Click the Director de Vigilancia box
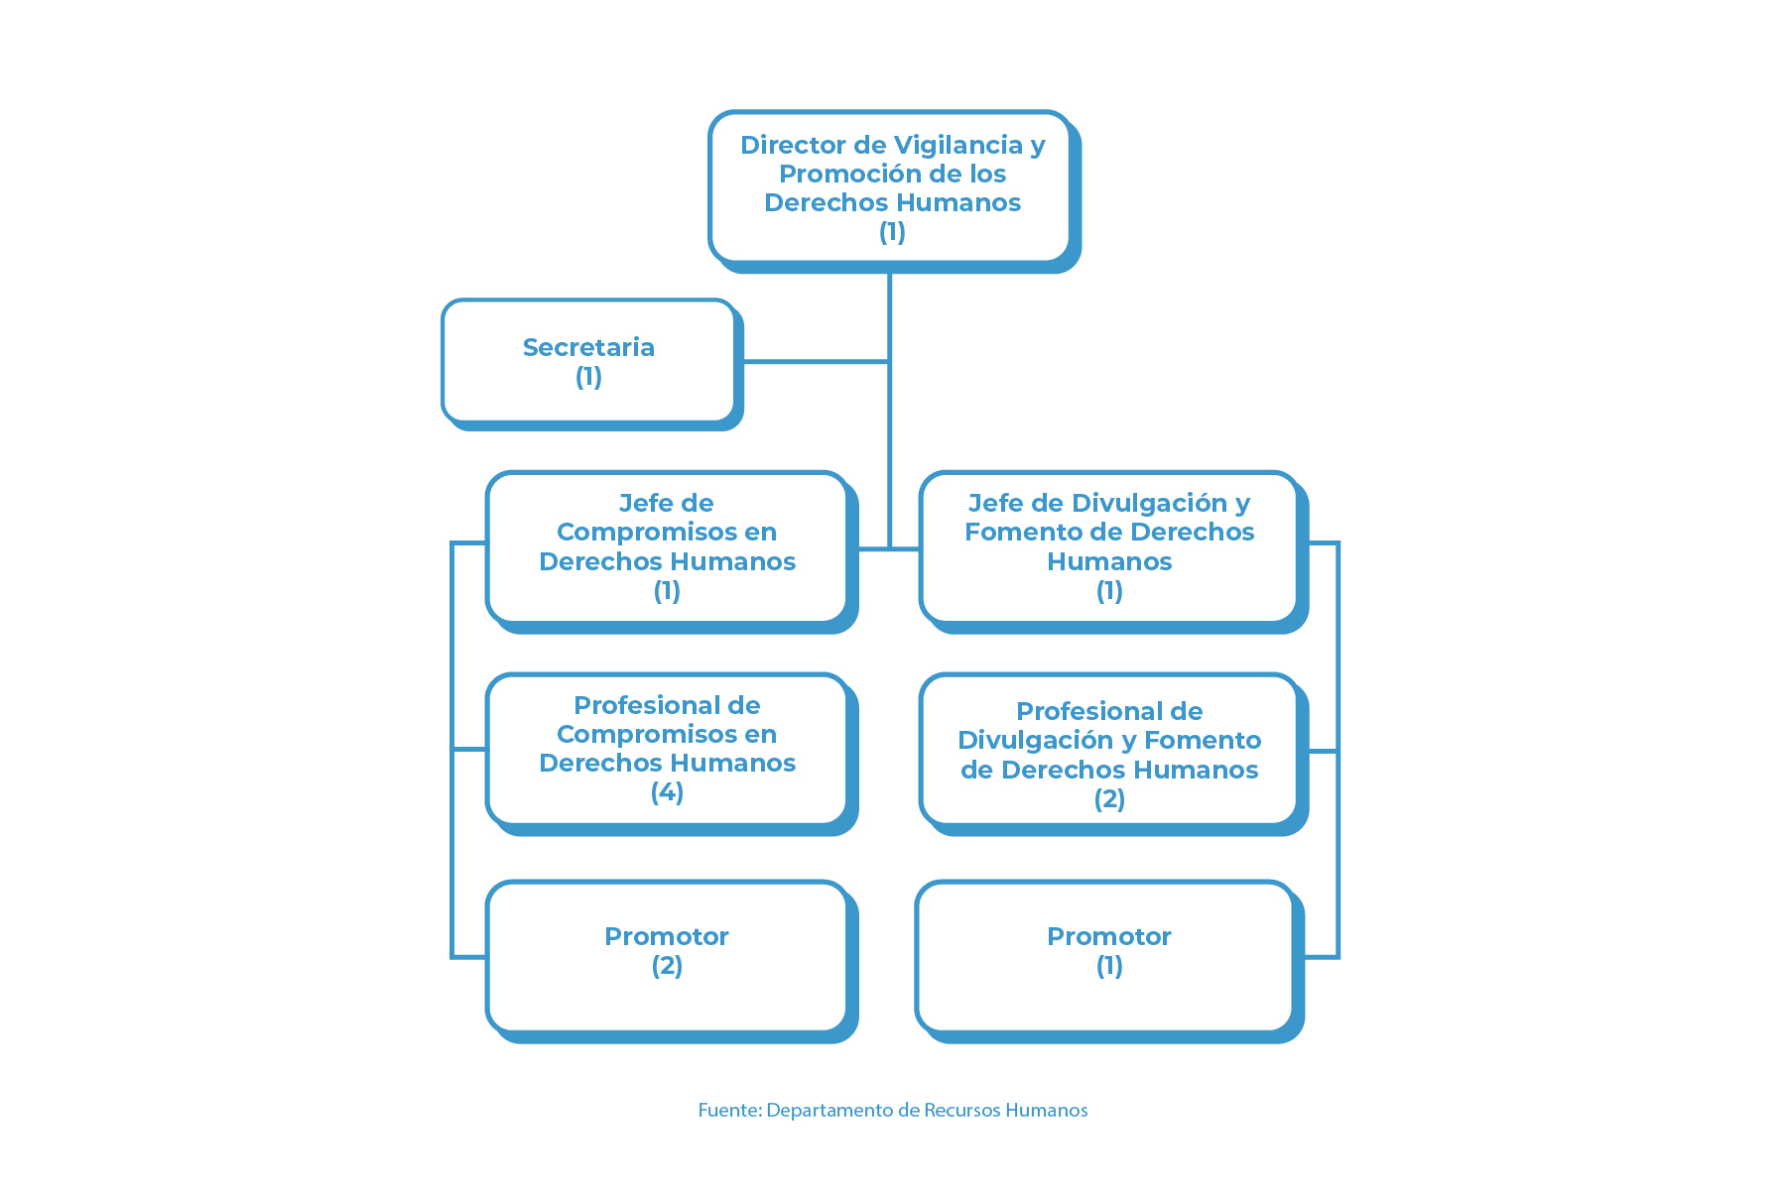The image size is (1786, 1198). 894,190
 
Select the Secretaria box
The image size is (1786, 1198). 591,364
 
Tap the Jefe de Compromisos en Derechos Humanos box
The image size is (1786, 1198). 671,551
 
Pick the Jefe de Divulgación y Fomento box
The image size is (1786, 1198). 1113,551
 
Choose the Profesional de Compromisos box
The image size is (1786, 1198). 671,754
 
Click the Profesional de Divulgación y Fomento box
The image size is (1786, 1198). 1113,754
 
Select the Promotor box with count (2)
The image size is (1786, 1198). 671,961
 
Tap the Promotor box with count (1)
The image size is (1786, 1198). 1109,961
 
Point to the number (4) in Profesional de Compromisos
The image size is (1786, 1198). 667,792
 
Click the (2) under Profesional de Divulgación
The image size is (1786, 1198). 1109,799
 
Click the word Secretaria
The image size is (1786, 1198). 588,347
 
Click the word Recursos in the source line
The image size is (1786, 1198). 961,1110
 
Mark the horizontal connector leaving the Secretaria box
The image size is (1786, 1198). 816,362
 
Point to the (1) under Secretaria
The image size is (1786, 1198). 588,377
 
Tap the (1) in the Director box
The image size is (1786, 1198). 892,232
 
